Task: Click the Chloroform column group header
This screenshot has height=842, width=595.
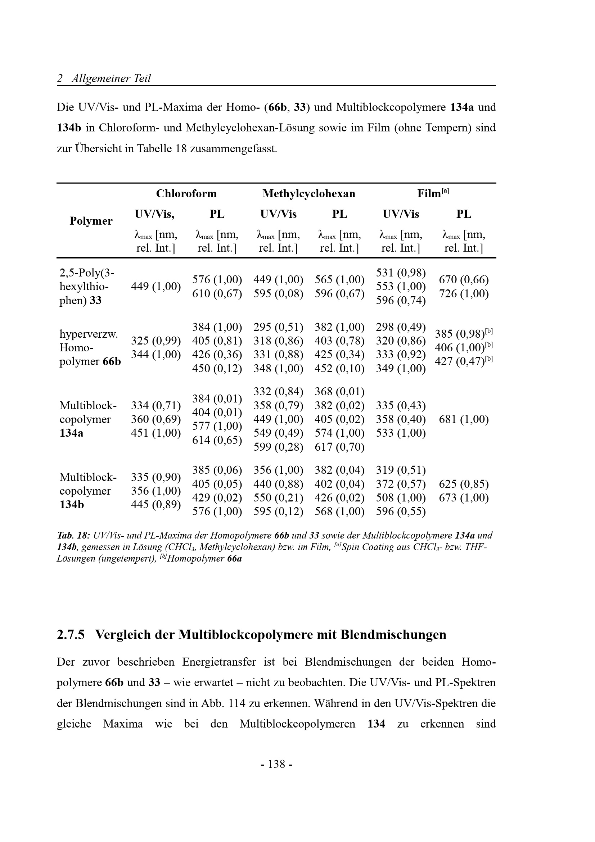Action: [186, 194]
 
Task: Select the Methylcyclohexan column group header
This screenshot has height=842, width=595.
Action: [309, 194]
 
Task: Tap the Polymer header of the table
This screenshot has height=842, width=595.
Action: [91, 221]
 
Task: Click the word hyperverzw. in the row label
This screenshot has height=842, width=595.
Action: [89, 334]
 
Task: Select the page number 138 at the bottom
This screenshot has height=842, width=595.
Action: [276, 764]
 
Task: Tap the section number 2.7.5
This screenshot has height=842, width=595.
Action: [71, 634]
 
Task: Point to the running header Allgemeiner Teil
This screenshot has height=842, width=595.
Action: [111, 78]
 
